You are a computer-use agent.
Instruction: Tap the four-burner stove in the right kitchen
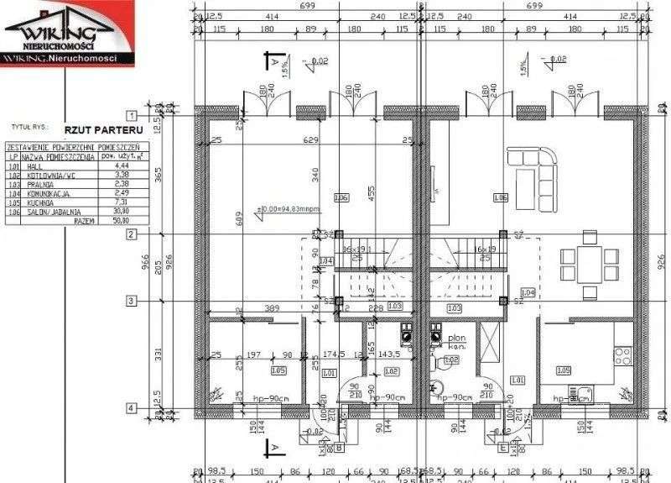coord(622,355)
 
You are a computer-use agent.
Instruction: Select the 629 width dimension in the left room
coord(310,139)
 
